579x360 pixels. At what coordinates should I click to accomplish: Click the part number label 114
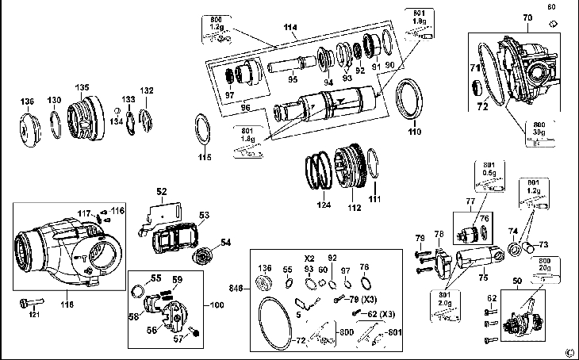pyautogui.click(x=289, y=29)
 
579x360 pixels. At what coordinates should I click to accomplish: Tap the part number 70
pyautogui.click(x=526, y=17)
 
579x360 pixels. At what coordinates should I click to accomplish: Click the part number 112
pyautogui.click(x=354, y=208)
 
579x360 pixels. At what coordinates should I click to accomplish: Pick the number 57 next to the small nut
pyautogui.click(x=179, y=338)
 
